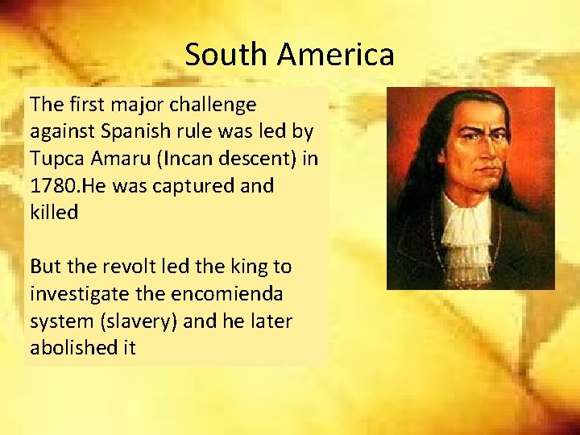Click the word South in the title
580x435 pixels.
[x=226, y=55]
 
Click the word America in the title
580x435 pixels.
[x=336, y=55]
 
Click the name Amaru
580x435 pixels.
[x=124, y=159]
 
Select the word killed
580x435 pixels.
[x=54, y=213]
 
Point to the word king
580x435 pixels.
[x=239, y=267]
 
